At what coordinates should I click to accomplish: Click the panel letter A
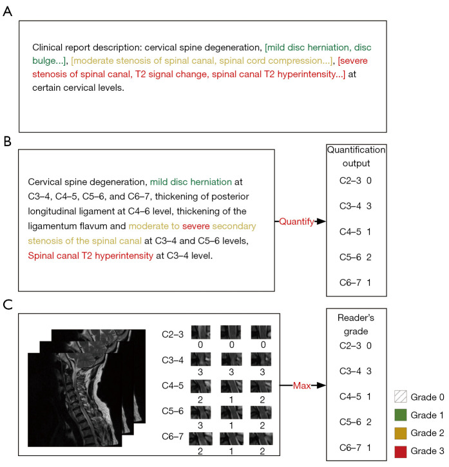[x=7, y=12]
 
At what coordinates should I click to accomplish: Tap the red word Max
[x=301, y=385]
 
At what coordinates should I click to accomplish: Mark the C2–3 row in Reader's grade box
[x=356, y=345]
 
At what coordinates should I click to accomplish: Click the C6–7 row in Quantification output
[x=356, y=282]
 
